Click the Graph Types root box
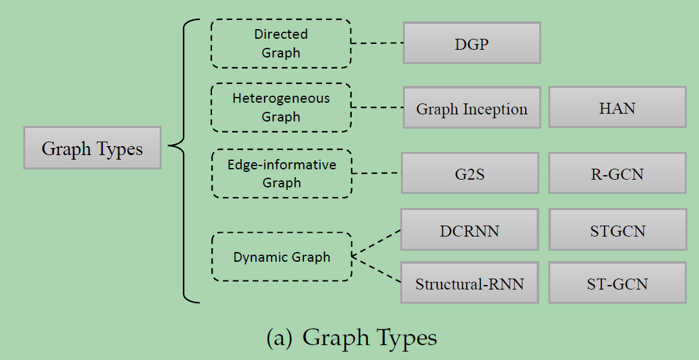(92, 148)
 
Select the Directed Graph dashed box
(281, 43)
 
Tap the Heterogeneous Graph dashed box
(281, 107)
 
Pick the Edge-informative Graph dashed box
(281, 173)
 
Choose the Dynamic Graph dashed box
(281, 257)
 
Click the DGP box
(471, 43)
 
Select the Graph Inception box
(471, 108)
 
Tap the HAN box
(617, 107)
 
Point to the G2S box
(469, 173)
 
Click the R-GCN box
(617, 173)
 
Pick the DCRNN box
(469, 230)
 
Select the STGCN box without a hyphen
(618, 230)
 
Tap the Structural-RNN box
(469, 283)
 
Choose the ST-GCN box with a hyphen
(617, 283)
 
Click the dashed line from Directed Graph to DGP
(377, 43)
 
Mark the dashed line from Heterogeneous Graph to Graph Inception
(377, 107)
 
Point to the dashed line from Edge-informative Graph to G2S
(376, 173)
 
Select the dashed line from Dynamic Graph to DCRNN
(376, 244)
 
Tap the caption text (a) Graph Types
(352, 337)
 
